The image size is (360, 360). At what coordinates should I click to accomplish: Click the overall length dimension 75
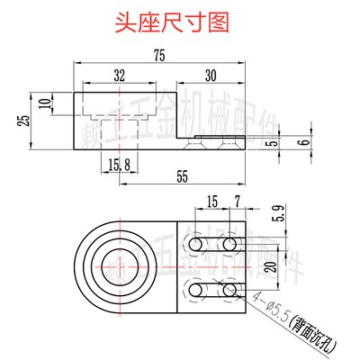click(x=158, y=56)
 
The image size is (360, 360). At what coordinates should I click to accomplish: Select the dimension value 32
click(x=119, y=74)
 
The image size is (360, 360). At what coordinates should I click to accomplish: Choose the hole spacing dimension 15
click(x=212, y=199)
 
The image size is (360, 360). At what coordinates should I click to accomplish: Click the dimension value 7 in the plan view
click(x=237, y=199)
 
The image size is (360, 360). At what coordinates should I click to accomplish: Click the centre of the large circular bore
click(x=119, y=266)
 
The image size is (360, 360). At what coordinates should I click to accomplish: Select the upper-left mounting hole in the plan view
click(x=195, y=245)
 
